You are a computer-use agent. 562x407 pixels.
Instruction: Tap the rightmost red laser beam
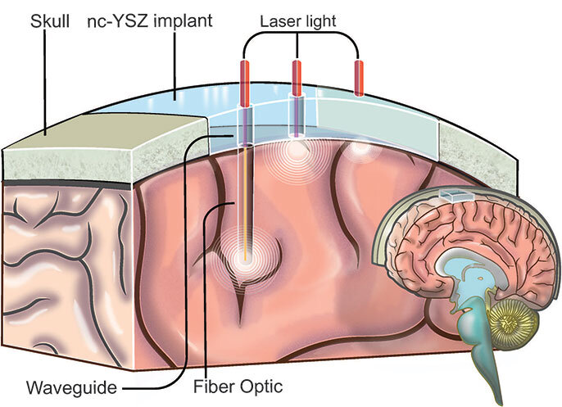[x=358, y=78]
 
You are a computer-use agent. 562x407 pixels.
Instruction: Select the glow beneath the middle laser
[x=297, y=149]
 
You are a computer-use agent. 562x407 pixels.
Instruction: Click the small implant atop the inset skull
[x=454, y=196]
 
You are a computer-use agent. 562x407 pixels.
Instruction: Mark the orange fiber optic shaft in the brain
[x=245, y=197]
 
